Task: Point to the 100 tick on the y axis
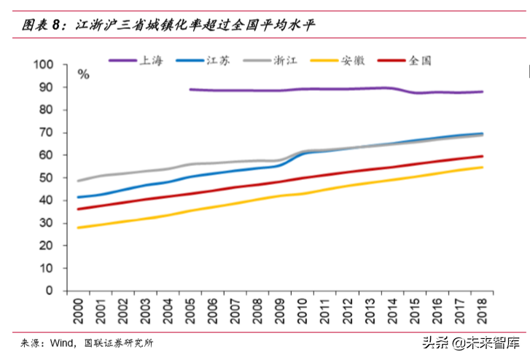[x=44, y=65]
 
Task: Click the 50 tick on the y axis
[x=47, y=178]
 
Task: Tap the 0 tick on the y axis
[x=50, y=291]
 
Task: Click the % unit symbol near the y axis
[x=84, y=74]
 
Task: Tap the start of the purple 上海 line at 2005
[x=190, y=90]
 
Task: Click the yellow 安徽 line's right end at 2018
[x=483, y=168]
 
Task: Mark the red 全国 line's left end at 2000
[x=78, y=209]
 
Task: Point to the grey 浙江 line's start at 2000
[x=78, y=181]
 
